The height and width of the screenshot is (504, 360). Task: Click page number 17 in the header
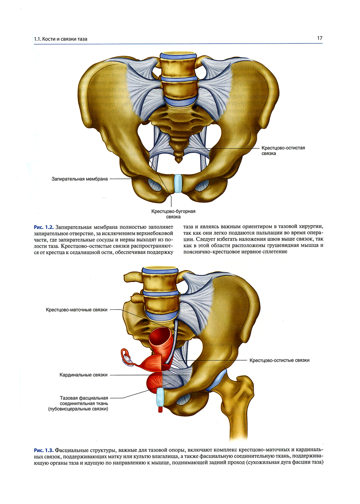(320, 38)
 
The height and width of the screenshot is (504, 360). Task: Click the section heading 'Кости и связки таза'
(64, 39)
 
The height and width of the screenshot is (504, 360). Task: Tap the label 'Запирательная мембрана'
(80, 179)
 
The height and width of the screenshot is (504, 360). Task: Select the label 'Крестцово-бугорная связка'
(173, 214)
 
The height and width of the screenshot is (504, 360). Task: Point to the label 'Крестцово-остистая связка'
(283, 150)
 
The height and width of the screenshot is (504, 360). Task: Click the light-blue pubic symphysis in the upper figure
(178, 183)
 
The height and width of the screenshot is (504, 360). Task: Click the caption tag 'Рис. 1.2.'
(44, 227)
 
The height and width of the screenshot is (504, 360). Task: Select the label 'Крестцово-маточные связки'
(76, 310)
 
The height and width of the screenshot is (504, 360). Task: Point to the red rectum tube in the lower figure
(161, 342)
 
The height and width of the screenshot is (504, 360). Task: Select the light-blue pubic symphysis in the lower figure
(161, 397)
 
